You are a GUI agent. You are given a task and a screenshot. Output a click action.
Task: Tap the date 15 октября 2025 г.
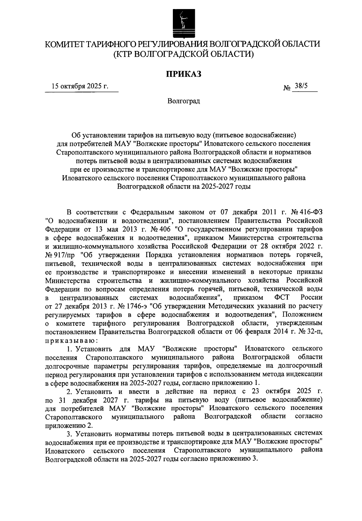coord(80,86)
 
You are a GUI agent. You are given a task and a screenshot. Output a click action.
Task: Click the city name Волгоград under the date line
coord(184,101)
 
